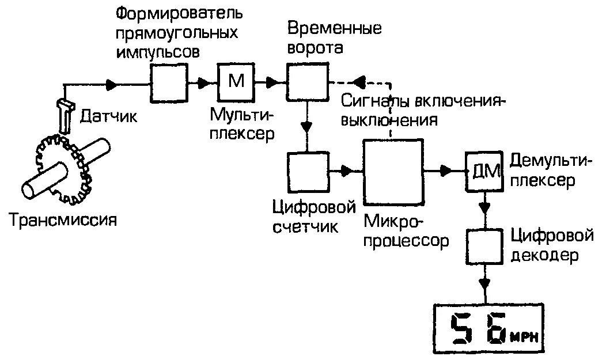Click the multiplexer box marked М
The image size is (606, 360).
click(236, 82)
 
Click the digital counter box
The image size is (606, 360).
click(308, 171)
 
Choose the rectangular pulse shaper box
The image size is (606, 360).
click(169, 82)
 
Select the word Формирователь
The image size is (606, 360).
click(179, 12)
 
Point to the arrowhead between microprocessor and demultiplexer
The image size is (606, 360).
click(446, 170)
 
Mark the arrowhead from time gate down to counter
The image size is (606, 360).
click(308, 127)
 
